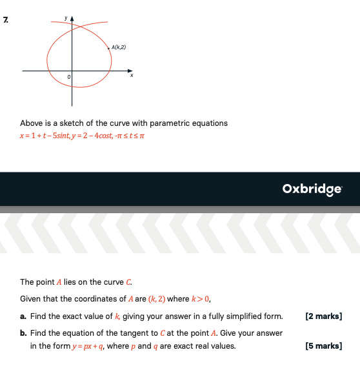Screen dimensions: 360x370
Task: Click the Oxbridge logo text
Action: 312,189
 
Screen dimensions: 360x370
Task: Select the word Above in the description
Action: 31,123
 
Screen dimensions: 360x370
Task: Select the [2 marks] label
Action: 324,316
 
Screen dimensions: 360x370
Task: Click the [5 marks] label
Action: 324,345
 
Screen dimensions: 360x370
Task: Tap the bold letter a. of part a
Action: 23,316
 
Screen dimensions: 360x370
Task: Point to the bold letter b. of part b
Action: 23,333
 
